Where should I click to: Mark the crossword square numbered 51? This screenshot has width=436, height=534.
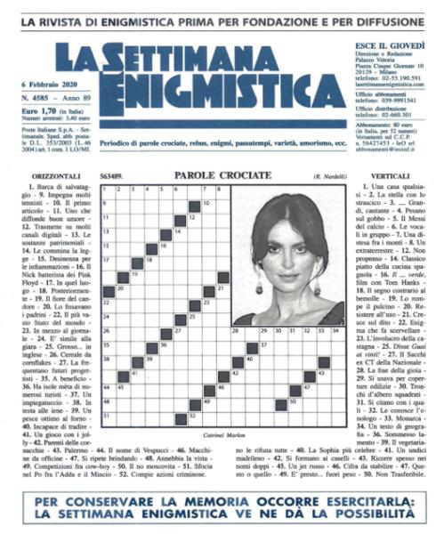107,416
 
